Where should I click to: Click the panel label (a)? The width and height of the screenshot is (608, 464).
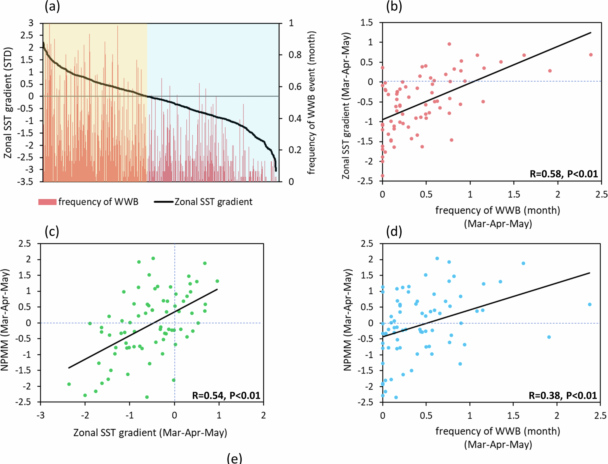[x=52, y=6]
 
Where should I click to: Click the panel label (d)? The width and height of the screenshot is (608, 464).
[x=394, y=232]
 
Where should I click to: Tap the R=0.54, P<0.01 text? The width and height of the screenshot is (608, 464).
[x=226, y=395]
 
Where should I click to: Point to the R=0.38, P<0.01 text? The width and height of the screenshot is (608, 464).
[x=563, y=395]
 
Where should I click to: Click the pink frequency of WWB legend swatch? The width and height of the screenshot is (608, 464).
[x=47, y=202]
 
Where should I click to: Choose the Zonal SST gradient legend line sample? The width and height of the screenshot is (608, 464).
[x=164, y=202]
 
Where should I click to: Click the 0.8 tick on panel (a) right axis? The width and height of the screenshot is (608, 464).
[x=295, y=55]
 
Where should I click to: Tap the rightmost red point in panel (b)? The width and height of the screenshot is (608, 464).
[x=591, y=55]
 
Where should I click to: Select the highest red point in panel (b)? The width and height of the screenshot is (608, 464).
[x=449, y=44]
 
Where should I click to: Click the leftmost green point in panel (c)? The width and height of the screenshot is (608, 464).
[x=69, y=384]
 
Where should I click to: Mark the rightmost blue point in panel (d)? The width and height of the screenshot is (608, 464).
[x=589, y=304]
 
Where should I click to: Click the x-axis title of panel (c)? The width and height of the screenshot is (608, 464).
[x=150, y=433]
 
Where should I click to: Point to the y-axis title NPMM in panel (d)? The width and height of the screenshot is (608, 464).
[x=347, y=320]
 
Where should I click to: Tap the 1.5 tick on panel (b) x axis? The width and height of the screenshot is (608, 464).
[x=514, y=194]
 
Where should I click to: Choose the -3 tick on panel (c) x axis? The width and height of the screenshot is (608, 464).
[x=40, y=415]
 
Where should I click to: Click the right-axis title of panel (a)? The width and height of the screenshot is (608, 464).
[x=311, y=103]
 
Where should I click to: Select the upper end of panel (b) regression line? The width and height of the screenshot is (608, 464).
[x=591, y=33]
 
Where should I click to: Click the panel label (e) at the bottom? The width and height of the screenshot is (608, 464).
[x=234, y=458]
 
